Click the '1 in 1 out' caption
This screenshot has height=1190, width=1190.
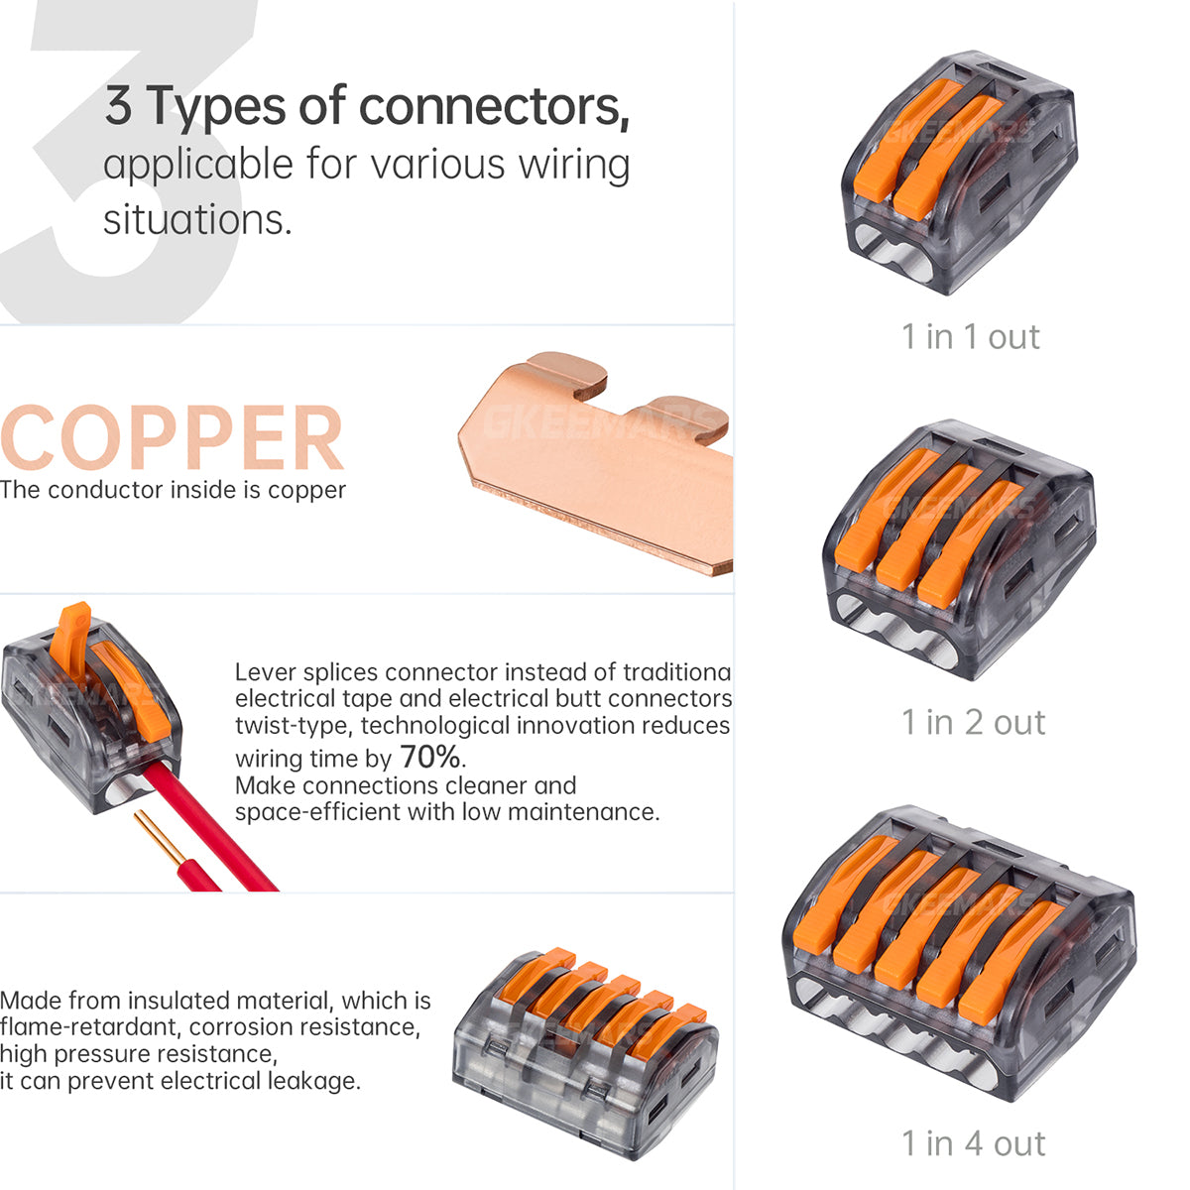coord(970,337)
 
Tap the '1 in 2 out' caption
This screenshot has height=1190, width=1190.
coord(973,722)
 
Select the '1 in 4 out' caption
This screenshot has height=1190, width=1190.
coord(973,1143)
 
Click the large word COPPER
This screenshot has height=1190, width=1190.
coord(173,438)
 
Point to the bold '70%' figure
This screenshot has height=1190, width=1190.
coord(430,758)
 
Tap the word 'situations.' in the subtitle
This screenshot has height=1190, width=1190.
coord(197,219)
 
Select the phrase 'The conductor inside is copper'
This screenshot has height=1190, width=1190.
coord(174,490)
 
